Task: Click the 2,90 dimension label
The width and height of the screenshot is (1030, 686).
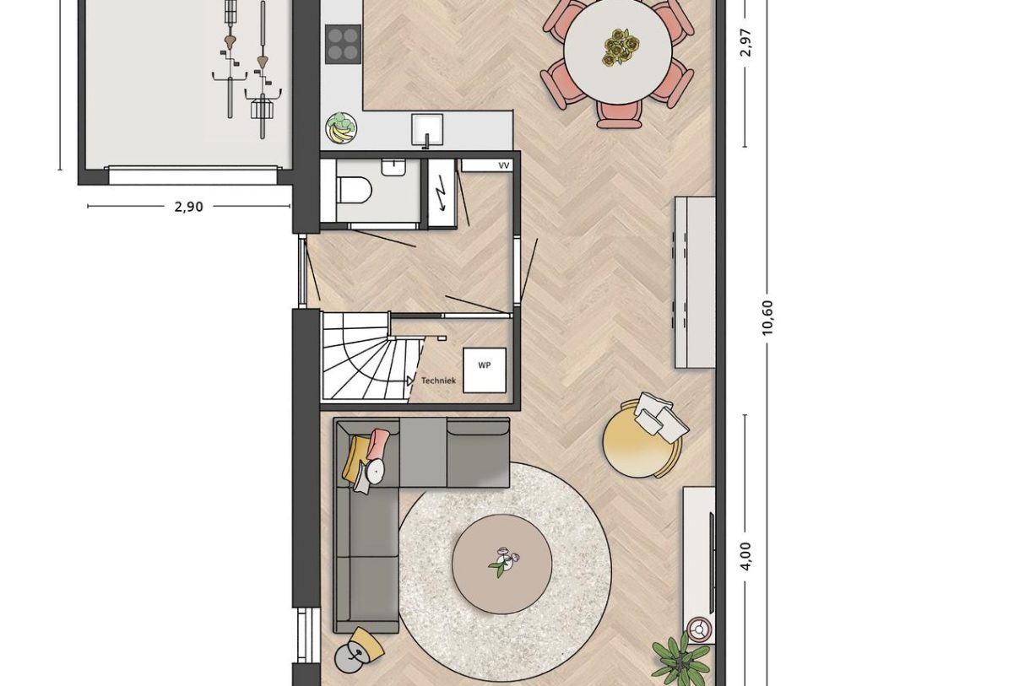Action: (188, 207)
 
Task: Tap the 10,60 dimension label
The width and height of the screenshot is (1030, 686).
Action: (767, 317)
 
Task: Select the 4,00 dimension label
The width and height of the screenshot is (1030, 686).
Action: (745, 555)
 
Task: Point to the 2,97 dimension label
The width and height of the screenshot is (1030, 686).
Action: (745, 42)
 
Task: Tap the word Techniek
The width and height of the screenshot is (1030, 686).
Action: (438, 381)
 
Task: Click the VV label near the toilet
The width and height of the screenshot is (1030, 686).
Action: (504, 165)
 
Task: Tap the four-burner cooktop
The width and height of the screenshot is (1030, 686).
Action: (343, 43)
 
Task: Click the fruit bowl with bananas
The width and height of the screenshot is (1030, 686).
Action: (341, 128)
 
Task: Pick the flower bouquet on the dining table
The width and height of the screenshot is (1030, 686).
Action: (620, 46)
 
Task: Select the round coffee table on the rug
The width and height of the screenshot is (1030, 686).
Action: (501, 564)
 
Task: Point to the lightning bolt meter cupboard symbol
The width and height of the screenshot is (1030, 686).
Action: (440, 197)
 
